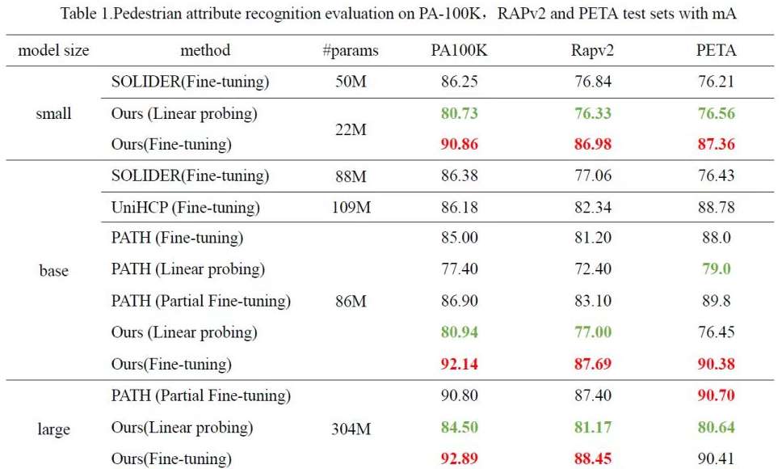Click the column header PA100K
pyautogui.click(x=459, y=50)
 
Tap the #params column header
pyautogui.click(x=350, y=50)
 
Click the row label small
pyautogui.click(x=53, y=113)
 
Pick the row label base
pyautogui.click(x=53, y=270)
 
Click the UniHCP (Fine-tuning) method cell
pyautogui.click(x=186, y=208)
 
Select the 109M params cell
pyautogui.click(x=350, y=208)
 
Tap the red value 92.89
pyautogui.click(x=459, y=459)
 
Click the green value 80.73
pyautogui.click(x=459, y=113)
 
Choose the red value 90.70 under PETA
pyautogui.click(x=716, y=396)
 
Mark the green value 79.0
pyautogui.click(x=716, y=269)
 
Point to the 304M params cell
pyautogui.click(x=350, y=428)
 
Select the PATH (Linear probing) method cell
pyautogui.click(x=188, y=269)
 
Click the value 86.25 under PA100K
pyautogui.click(x=459, y=82)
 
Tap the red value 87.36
pyautogui.click(x=716, y=145)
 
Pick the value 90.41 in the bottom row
pyautogui.click(x=716, y=459)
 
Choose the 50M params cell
pyautogui.click(x=350, y=82)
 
